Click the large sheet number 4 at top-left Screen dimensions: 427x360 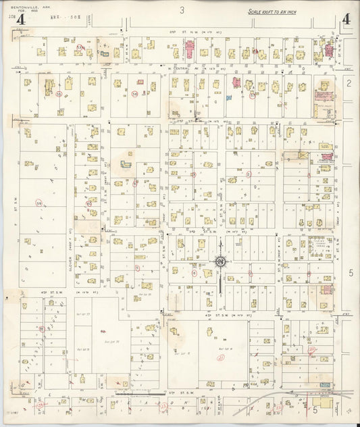pyautogui.click(x=20, y=20)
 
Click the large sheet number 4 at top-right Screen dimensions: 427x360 pyautogui.click(x=345, y=20)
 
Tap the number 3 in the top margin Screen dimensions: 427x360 pyautogui.click(x=182, y=10)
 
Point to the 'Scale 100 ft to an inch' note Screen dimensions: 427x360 pyautogui.click(x=272, y=12)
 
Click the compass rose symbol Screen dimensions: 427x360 pyautogui.click(x=221, y=262)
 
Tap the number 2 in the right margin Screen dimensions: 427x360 pyautogui.click(x=349, y=83)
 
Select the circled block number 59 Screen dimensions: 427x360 pyautogui.click(x=39, y=202)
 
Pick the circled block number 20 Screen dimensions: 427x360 pyautogui.click(x=311, y=350)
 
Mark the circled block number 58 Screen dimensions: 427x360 pyautogui.click(x=135, y=94)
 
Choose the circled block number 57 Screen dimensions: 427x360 pyautogui.click(x=252, y=95)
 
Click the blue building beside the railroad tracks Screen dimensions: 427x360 pyautogui.click(x=325, y=384)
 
